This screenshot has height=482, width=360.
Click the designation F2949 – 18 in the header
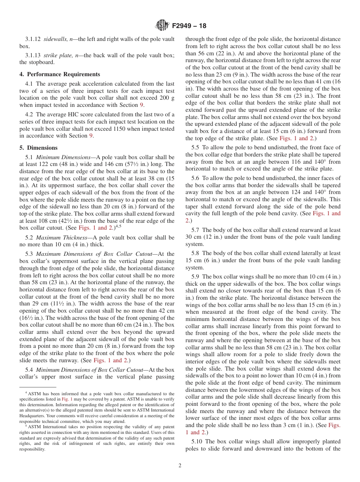tap(189, 26)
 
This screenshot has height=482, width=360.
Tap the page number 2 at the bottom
tap(180, 465)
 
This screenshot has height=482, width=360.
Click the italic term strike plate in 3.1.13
tap(58, 55)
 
